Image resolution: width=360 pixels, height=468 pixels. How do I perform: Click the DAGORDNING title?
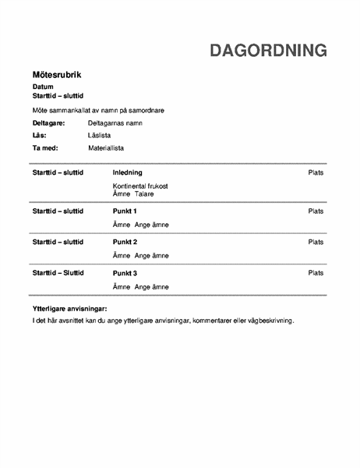[268, 51]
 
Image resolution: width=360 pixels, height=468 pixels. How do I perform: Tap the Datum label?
[43, 86]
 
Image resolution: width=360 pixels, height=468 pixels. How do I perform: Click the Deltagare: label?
[49, 123]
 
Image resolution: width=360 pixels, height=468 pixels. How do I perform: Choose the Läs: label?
[40, 135]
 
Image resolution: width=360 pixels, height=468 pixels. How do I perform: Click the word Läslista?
[101, 135]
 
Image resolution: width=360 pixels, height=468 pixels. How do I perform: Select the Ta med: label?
[45, 147]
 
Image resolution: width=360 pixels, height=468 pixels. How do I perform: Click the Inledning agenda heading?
[128, 172]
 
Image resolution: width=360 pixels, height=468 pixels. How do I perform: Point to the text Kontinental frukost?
[140, 186]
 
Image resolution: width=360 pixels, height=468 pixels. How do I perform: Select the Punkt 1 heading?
[125, 211]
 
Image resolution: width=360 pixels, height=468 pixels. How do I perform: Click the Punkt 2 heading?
[125, 242]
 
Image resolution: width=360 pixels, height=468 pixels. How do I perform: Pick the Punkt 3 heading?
[125, 273]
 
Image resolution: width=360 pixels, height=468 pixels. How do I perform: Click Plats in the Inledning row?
[316, 172]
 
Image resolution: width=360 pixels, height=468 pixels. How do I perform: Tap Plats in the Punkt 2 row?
[316, 242]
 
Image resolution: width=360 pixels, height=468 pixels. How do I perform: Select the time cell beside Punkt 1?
[58, 211]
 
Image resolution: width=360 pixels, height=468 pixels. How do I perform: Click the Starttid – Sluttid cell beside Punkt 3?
[58, 273]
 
